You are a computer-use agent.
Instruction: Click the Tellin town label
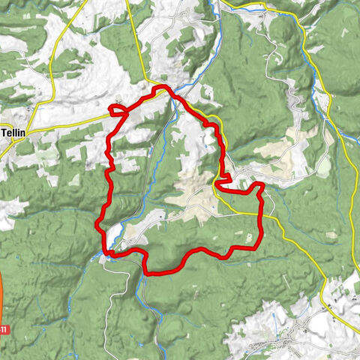click(16, 131)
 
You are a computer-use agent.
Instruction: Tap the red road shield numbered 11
click(4, 329)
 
